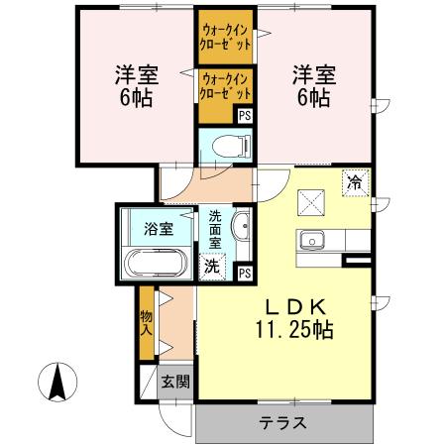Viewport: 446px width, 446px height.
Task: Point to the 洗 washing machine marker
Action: click(x=212, y=265)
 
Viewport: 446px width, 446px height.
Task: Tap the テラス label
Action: click(x=282, y=423)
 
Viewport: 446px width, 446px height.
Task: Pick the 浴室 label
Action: click(x=159, y=228)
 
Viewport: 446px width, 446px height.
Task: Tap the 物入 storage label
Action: click(x=146, y=322)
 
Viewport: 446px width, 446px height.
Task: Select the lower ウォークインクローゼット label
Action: click(x=224, y=87)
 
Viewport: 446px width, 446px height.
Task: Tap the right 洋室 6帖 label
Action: click(x=311, y=84)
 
